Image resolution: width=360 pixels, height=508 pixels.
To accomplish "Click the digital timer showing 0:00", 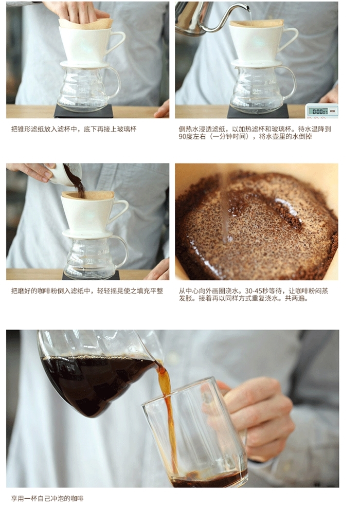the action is [x=321, y=111].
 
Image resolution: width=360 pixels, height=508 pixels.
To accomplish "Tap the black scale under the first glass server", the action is [x=84, y=111].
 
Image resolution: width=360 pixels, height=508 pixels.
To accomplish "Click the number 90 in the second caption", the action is [x=183, y=137].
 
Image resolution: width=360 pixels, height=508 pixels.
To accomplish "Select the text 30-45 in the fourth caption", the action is [x=254, y=291].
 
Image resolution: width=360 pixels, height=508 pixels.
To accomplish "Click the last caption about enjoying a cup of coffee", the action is [x=47, y=498].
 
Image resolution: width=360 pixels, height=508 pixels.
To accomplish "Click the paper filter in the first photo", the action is [x=86, y=23].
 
